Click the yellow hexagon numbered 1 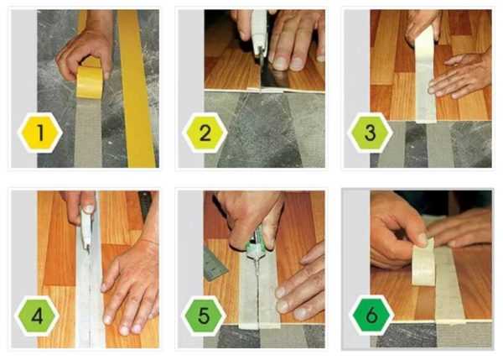pos(39,133)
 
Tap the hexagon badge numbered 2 pos(205,133)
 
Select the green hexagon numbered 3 pos(370,133)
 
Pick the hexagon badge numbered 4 pos(38,316)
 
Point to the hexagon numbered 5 pos(204,316)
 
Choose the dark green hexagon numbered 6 pos(371,316)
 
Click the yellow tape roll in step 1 pos(90,81)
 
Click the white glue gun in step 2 pos(259,35)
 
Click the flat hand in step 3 pos(460,76)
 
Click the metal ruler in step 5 pos(215,264)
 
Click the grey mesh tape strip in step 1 pos(88,132)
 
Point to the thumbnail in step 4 pos(88,209)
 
